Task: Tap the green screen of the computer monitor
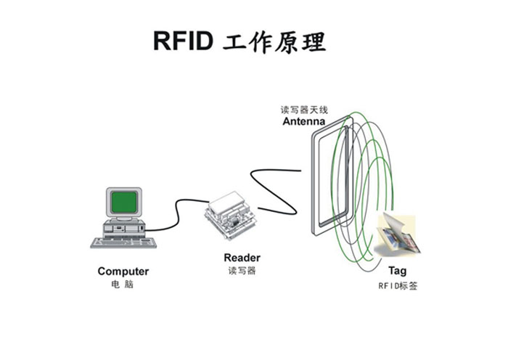coord(123,201)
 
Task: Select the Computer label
coord(123,271)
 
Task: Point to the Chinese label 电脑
coord(123,285)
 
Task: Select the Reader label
coord(242,258)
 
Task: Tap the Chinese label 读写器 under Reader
coord(242,271)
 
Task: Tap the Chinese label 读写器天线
coord(304,110)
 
